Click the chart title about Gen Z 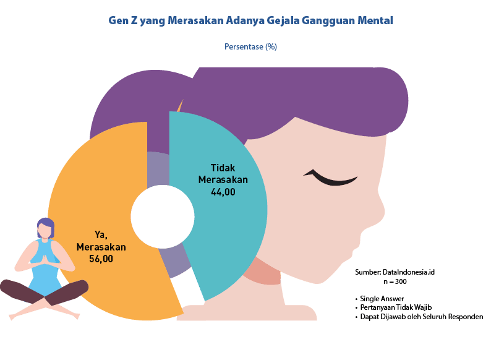(x=250, y=20)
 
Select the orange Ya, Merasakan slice (x=93, y=186)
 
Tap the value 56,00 (x=101, y=259)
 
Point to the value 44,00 (x=223, y=192)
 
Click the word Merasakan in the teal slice (x=223, y=179)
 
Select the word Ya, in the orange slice (x=101, y=234)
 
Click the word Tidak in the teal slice (x=223, y=168)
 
